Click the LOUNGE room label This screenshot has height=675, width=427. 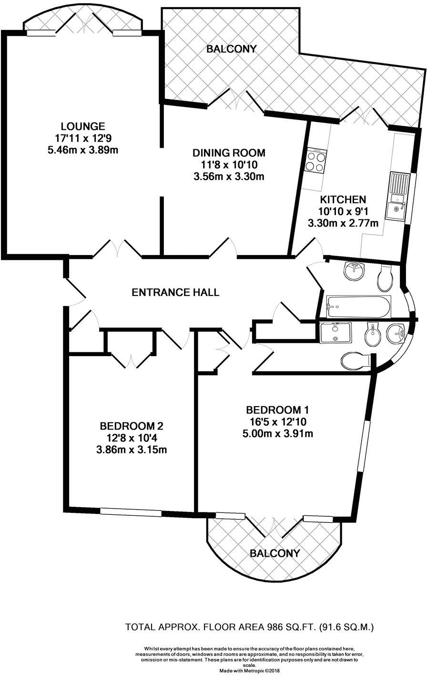tap(83, 126)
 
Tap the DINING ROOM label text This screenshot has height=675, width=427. tap(228, 153)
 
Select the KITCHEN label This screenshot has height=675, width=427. tap(342, 199)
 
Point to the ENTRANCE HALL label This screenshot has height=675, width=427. tap(175, 292)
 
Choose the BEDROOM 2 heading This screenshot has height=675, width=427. tap(132, 425)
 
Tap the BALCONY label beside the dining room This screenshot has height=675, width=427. tap(232, 49)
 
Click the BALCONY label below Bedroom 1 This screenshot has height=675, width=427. tap(275, 553)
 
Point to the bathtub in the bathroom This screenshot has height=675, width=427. tap(357, 307)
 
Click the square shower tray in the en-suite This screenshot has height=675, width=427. tap(335, 332)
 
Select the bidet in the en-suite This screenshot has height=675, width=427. tap(369, 336)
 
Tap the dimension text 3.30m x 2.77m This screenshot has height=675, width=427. tap(342, 223)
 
